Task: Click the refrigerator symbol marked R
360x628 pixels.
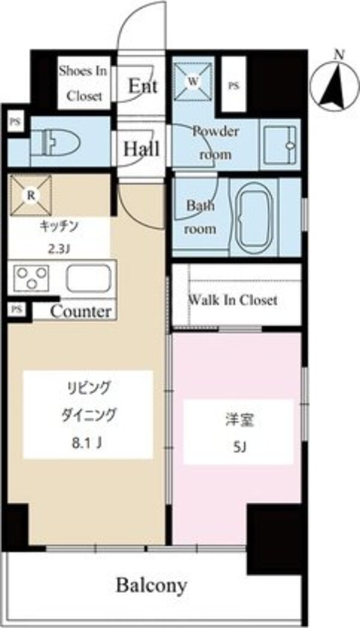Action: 31,196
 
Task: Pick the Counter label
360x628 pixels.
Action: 80,312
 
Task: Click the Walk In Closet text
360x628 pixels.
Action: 233,300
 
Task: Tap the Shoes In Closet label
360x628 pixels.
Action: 82,83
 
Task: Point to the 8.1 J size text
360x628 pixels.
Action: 85,444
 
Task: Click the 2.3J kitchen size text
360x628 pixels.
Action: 59,247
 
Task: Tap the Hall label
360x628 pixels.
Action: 141,149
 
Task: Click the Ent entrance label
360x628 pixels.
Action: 143,86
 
